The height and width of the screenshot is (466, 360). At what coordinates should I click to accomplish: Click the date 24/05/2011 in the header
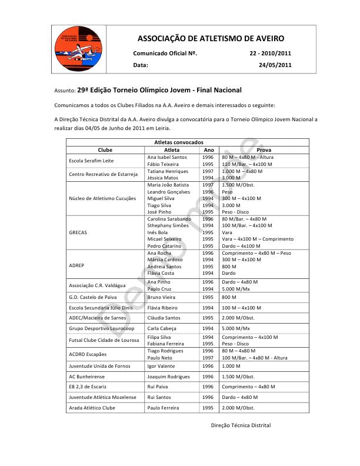tap(275, 65)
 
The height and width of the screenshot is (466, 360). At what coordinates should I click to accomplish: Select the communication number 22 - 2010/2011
tap(271, 54)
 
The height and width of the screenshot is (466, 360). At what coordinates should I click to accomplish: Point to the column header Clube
tap(105, 150)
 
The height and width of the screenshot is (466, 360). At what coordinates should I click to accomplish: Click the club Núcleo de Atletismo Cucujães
tap(102, 198)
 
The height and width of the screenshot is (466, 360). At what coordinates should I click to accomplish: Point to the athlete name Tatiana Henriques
tap(168, 171)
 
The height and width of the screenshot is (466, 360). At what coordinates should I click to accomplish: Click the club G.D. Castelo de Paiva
tap(94, 298)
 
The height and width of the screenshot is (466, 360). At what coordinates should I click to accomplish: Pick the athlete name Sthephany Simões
tap(169, 225)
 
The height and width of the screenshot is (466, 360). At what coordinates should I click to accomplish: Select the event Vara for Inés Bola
tap(227, 232)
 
